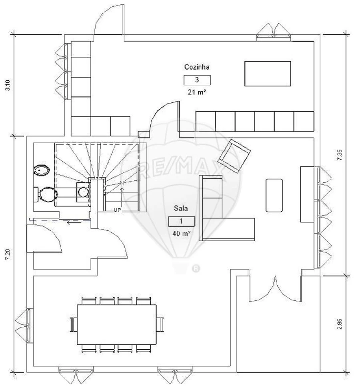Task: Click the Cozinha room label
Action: click(x=197, y=67)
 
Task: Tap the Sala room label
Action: click(x=181, y=208)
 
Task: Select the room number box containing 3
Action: click(x=197, y=80)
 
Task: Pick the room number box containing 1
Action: click(x=181, y=221)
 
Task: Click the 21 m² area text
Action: click(x=197, y=92)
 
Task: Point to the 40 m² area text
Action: click(x=182, y=234)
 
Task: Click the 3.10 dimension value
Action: click(x=8, y=85)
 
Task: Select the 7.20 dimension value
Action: click(x=8, y=254)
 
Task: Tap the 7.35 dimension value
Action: click(x=340, y=155)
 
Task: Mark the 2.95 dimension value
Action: click(x=340, y=324)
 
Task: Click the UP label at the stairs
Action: click(x=117, y=210)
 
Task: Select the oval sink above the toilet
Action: click(x=42, y=171)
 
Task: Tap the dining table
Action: click(x=117, y=324)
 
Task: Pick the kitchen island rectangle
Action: click(x=268, y=74)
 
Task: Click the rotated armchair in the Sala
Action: click(x=234, y=156)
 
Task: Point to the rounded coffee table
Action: click(x=274, y=195)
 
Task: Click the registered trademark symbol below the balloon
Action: click(x=196, y=269)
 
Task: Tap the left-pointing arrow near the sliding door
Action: click(x=74, y=222)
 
